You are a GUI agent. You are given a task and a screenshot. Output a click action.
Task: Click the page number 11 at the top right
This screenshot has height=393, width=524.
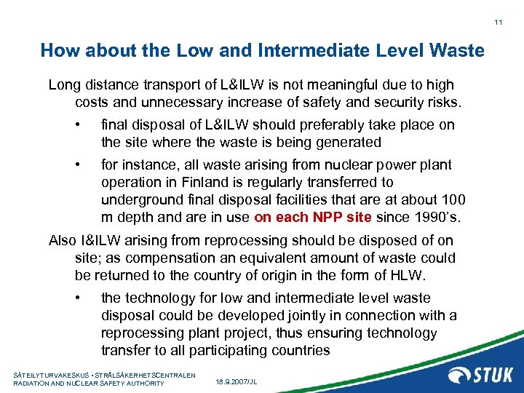[x=499, y=23]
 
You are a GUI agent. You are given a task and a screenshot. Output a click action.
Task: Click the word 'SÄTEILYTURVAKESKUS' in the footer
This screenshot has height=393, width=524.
[x=50, y=375]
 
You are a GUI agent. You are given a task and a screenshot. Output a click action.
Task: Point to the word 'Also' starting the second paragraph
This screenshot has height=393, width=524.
[x=61, y=240]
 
